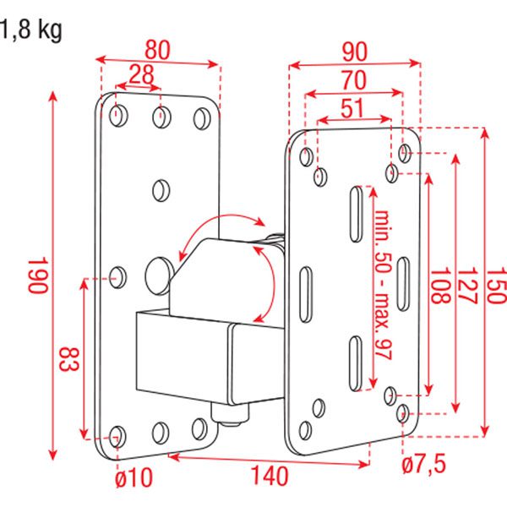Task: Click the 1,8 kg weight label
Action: tap(31, 30)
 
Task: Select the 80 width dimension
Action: tap(157, 51)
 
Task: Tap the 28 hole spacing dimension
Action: tap(141, 74)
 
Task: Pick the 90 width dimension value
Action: tap(355, 52)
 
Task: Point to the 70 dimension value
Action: tap(354, 80)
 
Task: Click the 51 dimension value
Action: tap(352, 108)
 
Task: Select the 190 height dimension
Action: tap(38, 275)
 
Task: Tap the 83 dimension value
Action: tap(69, 359)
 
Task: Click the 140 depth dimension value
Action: tap(270, 476)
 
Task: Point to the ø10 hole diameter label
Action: tap(134, 478)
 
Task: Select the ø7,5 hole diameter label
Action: tap(424, 464)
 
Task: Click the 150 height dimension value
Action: tap(497, 286)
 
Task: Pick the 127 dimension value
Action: tap(467, 286)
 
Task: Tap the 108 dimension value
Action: tap(439, 286)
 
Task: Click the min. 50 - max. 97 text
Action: tap(383, 285)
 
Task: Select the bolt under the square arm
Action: tap(230, 413)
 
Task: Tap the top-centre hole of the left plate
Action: tap(161, 117)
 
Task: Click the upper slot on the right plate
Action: tap(356, 214)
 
